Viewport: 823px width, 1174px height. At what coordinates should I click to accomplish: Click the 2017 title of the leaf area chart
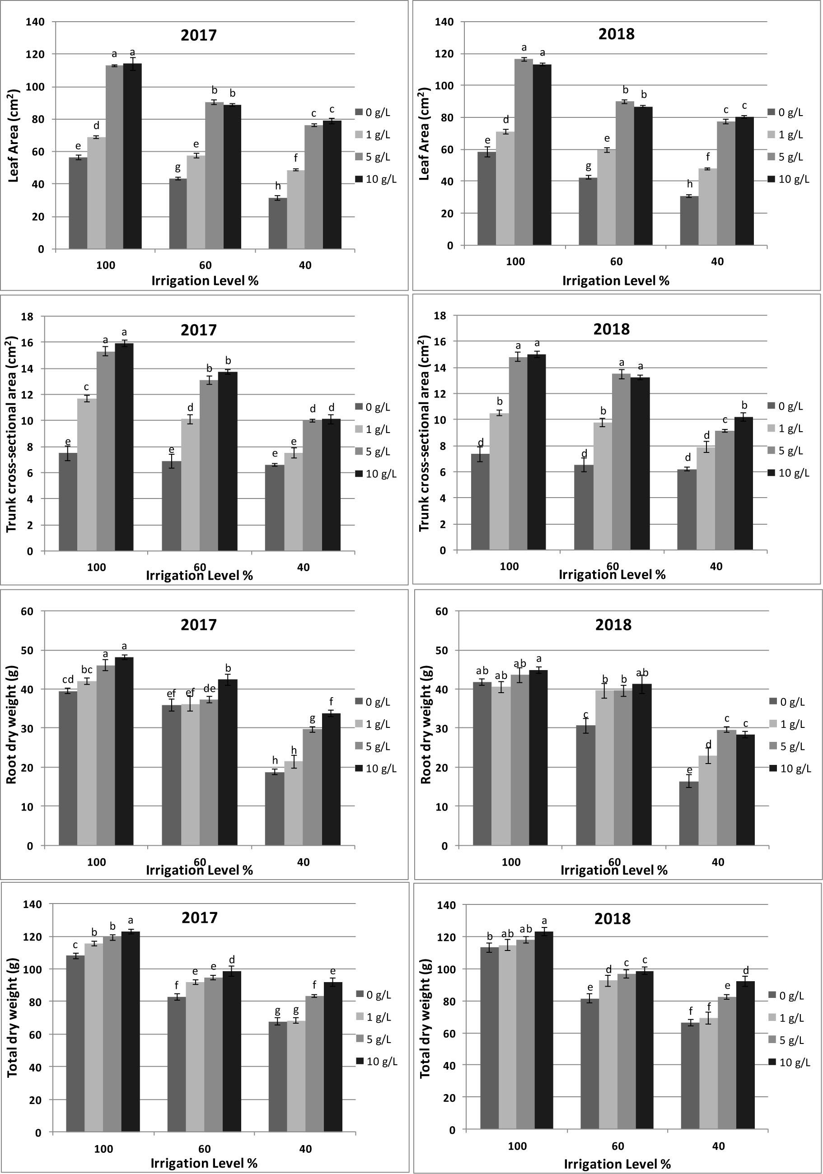(198, 35)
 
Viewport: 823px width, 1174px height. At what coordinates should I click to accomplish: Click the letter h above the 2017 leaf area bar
(278, 186)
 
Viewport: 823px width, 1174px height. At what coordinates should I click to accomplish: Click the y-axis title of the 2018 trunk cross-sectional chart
(425, 433)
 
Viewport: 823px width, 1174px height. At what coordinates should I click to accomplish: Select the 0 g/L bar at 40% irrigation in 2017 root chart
(275, 808)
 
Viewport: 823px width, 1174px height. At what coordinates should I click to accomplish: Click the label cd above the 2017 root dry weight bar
(68, 680)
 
